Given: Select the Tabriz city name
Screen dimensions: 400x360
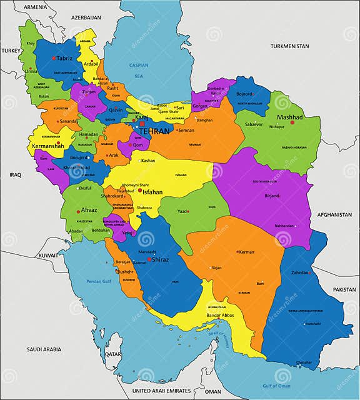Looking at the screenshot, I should pos(64,58).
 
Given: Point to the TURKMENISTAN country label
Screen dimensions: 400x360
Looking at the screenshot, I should pos(290,46).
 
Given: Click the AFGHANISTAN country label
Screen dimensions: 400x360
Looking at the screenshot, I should pos(334,214).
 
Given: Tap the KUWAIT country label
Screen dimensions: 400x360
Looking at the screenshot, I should pos(46,256).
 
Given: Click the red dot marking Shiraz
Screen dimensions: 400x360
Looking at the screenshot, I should pos(149,259).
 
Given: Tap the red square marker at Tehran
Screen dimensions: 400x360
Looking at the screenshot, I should pos(142,124).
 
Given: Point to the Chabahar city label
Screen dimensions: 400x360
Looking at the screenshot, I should pos(304,362).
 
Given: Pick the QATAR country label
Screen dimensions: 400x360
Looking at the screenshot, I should pos(113,354).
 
